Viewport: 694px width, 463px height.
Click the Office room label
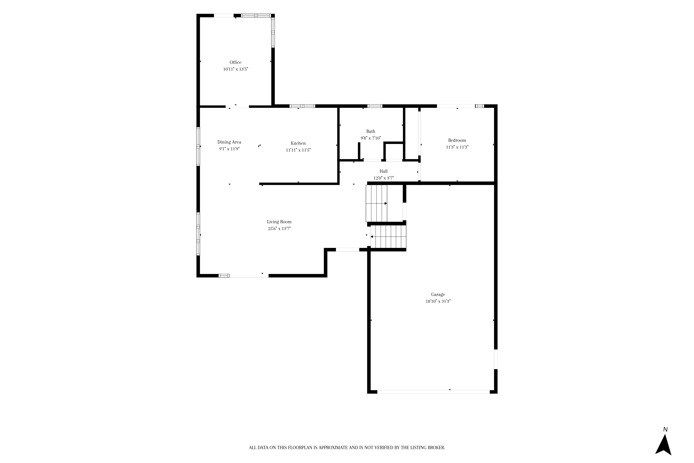[235, 62]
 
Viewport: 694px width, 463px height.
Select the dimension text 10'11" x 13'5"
[235, 69]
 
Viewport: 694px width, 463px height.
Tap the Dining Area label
[229, 142]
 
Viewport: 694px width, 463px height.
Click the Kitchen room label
[298, 143]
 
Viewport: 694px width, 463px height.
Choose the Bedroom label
[457, 140]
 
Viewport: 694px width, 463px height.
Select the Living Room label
[279, 222]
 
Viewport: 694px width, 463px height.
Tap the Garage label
[438, 294]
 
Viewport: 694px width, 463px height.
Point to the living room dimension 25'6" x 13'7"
[279, 228]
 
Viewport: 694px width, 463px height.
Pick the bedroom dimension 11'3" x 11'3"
[457, 147]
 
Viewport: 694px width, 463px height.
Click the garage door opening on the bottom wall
[433, 392]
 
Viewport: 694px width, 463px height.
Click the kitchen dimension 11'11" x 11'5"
[298, 150]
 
